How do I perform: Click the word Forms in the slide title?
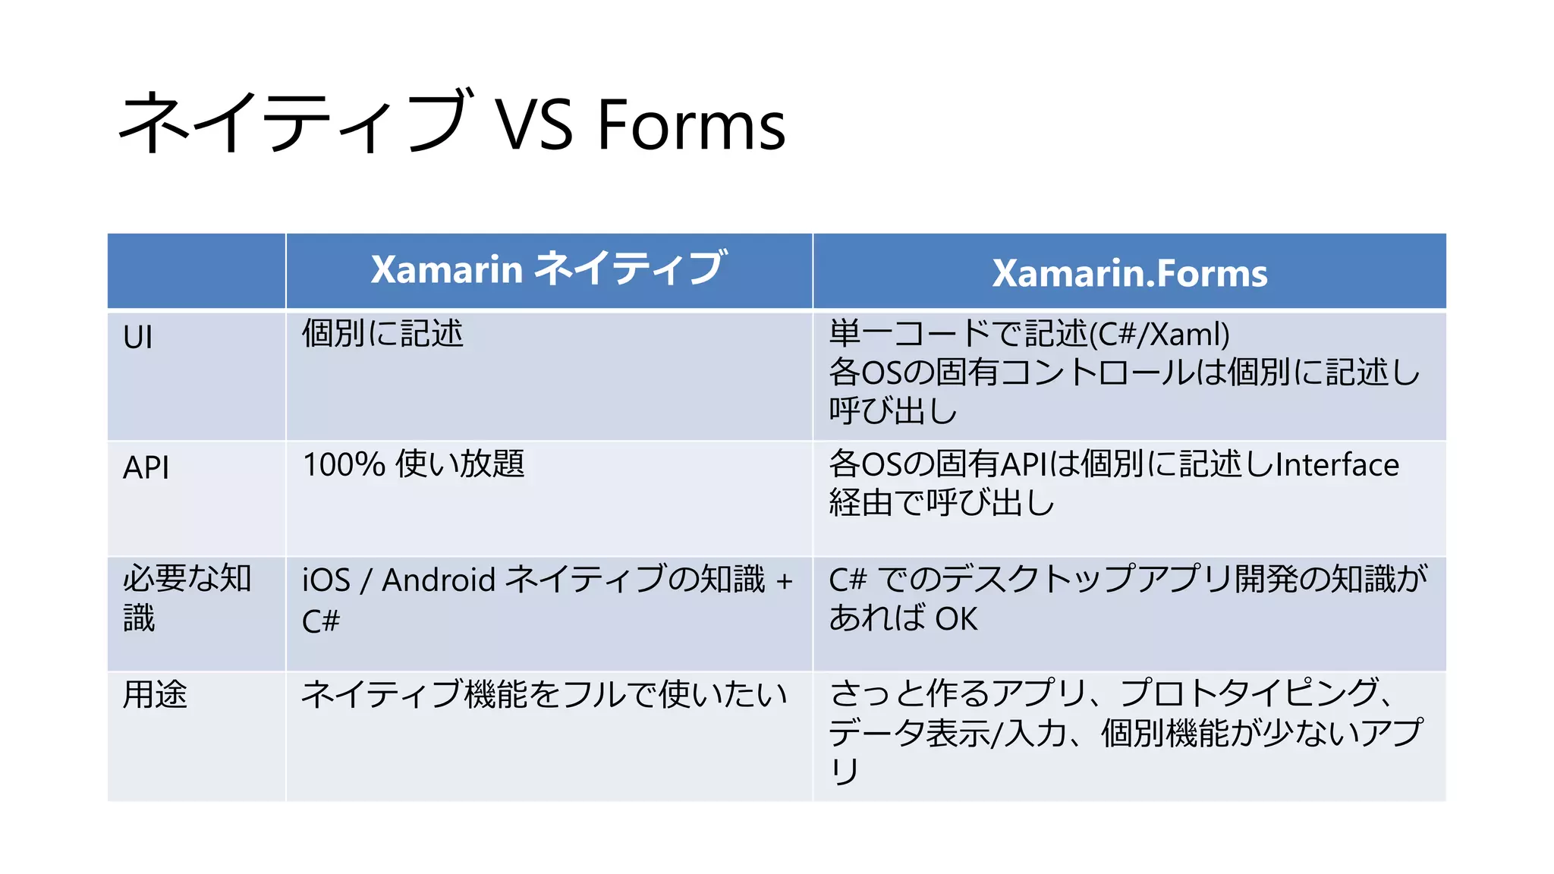[691, 125]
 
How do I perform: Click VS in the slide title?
[534, 125]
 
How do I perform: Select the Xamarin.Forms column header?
[1129, 273]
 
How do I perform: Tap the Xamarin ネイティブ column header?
[549, 269]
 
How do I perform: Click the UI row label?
[138, 337]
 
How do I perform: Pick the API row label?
[146, 467]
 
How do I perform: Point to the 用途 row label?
[155, 694]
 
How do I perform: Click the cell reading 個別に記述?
[382, 334]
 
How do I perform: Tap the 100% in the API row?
[344, 464]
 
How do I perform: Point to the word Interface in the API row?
[1337, 464]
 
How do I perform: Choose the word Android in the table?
[439, 580]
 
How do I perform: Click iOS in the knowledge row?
[326, 580]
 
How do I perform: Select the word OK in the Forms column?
[956, 619]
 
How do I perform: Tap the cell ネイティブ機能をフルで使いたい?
[544, 694]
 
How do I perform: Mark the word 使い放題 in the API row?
[460, 464]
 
